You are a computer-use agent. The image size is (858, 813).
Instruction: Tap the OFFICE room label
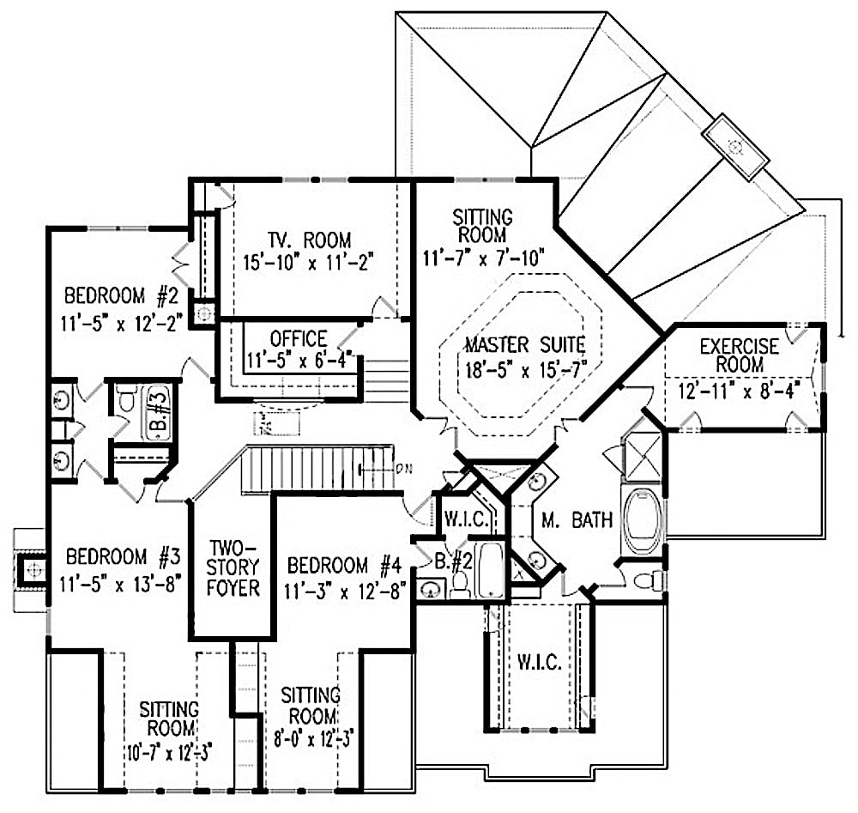299,338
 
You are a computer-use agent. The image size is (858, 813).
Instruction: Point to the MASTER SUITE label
524,346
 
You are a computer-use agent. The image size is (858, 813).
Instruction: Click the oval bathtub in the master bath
640,520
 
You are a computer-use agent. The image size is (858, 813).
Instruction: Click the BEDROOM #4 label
344,567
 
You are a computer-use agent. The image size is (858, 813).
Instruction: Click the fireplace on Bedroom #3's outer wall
32,568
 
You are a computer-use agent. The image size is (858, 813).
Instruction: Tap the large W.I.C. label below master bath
539,663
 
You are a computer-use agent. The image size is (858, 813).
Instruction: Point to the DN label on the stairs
405,467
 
